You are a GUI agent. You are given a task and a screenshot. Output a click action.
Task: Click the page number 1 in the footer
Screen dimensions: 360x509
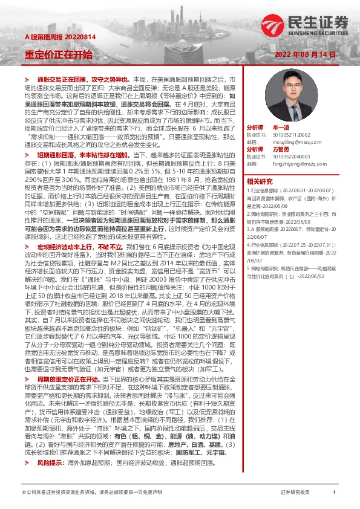coord(334,493)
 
